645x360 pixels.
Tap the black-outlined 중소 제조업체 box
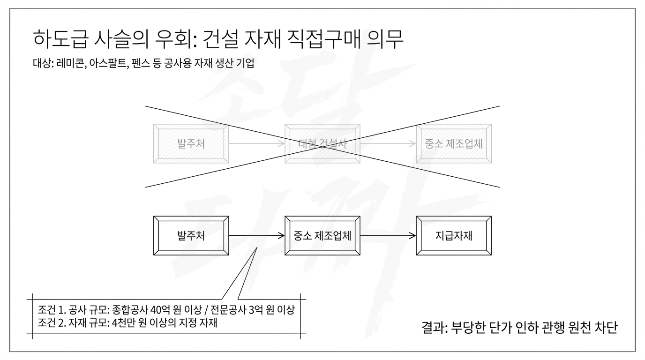click(322, 235)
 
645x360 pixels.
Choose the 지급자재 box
click(453, 235)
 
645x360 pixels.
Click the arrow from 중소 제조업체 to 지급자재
click(388, 235)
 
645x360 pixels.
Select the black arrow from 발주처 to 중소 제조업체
click(257, 235)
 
